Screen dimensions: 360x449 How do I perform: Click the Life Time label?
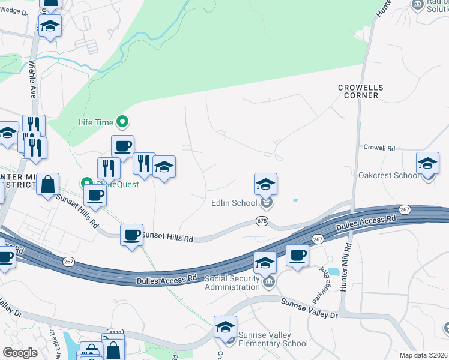point(96,122)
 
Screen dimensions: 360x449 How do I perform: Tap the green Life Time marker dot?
point(122,122)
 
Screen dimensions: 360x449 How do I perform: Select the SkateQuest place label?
point(119,184)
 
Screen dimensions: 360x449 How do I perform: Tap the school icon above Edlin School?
point(265,184)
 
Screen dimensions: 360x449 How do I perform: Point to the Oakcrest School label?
point(388,175)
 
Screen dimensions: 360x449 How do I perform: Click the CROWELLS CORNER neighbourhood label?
point(360,91)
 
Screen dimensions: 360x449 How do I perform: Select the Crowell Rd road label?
point(379,148)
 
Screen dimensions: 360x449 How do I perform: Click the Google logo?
point(20,352)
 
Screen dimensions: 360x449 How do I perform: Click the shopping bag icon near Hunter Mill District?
point(48,184)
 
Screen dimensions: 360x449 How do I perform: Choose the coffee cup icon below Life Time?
point(122,146)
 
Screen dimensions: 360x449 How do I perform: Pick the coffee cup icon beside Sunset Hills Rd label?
point(131,235)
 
